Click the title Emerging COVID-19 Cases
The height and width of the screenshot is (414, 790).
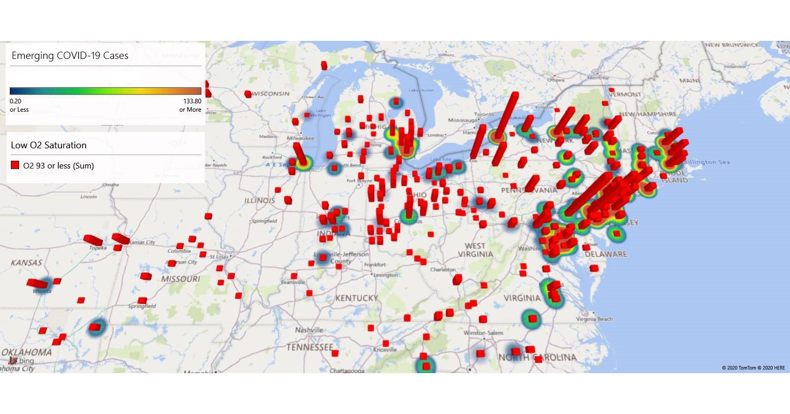click(x=70, y=56)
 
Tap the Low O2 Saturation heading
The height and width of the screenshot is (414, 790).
click(x=49, y=145)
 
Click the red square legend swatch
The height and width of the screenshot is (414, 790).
click(x=15, y=165)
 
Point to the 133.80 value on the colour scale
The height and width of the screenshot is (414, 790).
click(x=192, y=101)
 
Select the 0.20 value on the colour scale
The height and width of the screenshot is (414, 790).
click(x=15, y=101)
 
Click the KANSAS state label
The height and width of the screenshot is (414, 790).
click(x=26, y=263)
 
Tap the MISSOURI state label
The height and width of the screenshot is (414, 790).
click(x=180, y=279)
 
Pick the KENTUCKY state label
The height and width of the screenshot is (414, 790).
click(x=356, y=298)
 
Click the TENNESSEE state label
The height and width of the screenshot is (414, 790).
click(x=310, y=347)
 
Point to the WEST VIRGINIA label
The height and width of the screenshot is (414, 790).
click(x=475, y=250)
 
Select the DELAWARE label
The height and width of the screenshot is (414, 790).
click(x=606, y=254)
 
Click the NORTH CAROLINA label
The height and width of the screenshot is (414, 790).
click(x=537, y=358)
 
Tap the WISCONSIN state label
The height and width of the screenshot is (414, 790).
click(x=271, y=94)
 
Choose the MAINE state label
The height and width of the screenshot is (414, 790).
click(x=690, y=81)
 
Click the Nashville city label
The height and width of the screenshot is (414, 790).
click(x=309, y=330)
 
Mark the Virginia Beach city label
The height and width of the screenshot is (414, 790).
click(x=594, y=319)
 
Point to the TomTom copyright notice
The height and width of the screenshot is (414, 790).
click(x=753, y=368)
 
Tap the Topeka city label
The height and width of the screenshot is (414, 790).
click(x=98, y=248)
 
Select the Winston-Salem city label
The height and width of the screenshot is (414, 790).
click(x=482, y=333)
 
